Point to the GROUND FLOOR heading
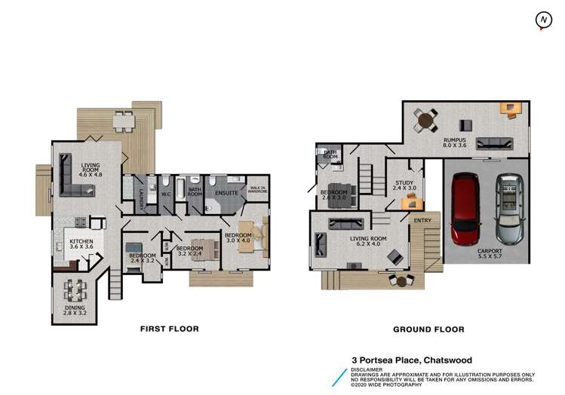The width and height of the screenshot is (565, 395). [428, 329]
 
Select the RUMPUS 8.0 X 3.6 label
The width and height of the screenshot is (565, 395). [454, 142]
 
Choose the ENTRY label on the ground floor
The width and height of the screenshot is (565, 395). [422, 219]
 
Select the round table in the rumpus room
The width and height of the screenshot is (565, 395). [427, 120]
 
